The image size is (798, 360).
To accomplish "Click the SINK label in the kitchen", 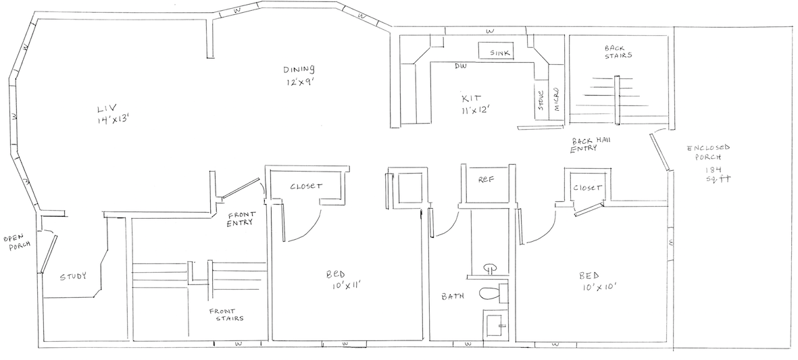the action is tap(500, 53).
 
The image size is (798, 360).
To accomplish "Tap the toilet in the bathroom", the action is tap(491, 293).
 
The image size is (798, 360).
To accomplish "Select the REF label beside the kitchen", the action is tap(487, 180).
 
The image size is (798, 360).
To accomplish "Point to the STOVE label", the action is tap(541, 101).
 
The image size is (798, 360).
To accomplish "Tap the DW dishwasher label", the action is tap(461, 66).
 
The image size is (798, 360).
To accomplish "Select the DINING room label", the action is tap(299, 70).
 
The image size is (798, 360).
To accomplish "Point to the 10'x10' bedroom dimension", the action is tap(598, 287).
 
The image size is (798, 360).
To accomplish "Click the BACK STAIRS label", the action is tap(618, 52).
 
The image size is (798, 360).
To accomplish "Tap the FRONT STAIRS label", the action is tap(226, 315).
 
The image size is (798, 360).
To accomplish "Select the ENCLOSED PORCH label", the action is tap(708, 152).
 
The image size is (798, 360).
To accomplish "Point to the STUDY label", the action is tap(73, 277).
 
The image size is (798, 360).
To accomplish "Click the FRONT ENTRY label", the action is tap(241, 219).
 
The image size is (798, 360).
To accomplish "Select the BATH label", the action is tap(453, 296).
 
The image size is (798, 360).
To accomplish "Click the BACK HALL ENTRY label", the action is tap(587, 145).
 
